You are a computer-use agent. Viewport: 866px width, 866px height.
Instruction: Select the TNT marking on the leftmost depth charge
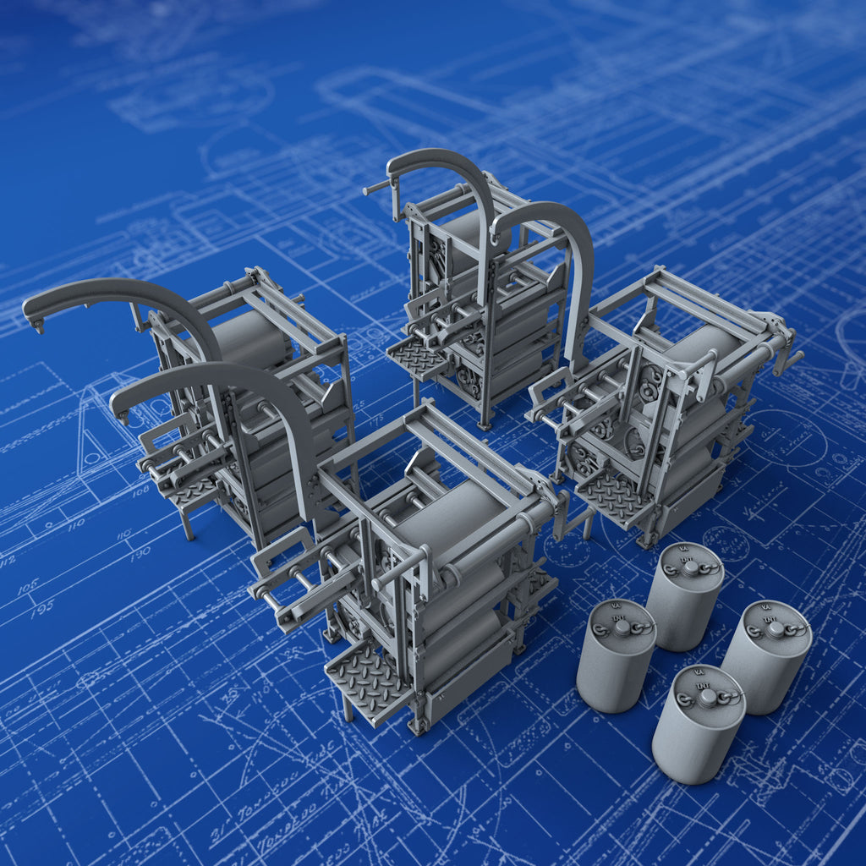pos(622,617)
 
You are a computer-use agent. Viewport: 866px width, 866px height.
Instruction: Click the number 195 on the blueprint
pos(41,606)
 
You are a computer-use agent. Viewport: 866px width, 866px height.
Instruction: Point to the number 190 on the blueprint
pos(140,551)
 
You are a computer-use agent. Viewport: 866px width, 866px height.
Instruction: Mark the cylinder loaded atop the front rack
pos(452,516)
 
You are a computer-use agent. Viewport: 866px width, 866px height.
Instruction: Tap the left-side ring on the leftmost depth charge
pos(600,630)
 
